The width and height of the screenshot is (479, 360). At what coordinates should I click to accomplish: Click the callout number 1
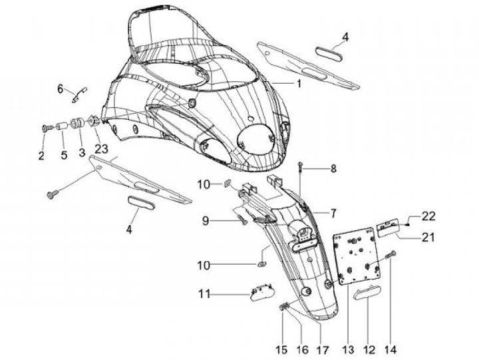[299, 84]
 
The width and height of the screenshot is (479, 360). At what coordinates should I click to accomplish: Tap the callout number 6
[59, 88]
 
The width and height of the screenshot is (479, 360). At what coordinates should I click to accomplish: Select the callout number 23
[100, 149]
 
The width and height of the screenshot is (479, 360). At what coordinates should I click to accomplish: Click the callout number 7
[333, 213]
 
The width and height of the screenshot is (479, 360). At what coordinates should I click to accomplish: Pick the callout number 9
[206, 220]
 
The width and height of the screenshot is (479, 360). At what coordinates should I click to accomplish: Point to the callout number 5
[64, 156]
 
